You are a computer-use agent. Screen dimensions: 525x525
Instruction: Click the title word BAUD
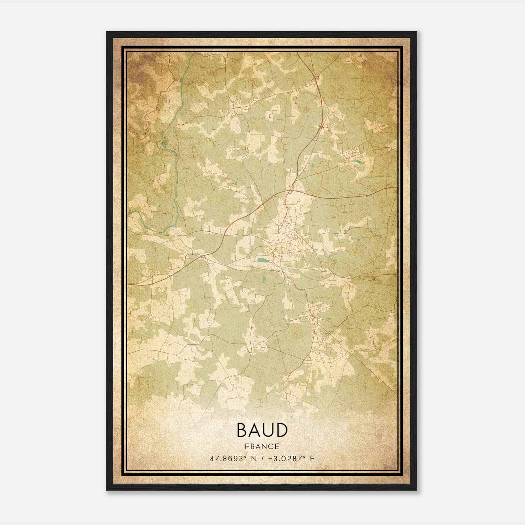262,430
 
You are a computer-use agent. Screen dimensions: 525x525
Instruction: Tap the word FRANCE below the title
262,446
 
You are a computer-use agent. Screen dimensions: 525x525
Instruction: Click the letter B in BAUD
241,430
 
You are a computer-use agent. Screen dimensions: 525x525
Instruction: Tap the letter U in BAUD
268,430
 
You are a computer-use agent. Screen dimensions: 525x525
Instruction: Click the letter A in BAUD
255,430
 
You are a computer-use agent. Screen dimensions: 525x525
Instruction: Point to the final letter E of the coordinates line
312,458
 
